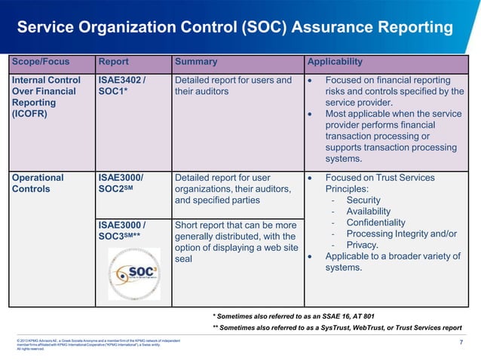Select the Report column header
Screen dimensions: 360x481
coord(113,62)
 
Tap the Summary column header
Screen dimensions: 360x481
coord(195,62)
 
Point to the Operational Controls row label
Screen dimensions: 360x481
coord(38,183)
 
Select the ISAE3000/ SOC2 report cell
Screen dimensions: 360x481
coord(123,183)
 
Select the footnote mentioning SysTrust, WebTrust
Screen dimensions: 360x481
coord(337,328)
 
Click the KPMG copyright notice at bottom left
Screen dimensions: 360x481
coord(98,344)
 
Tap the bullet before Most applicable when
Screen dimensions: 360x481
coord(311,114)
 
